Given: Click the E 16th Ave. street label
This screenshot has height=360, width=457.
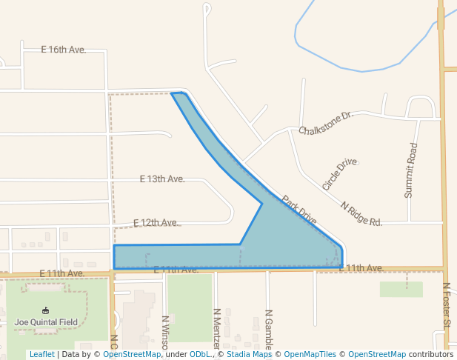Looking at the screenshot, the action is (x=64, y=50).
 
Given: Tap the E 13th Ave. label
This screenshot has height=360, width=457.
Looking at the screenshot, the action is (x=162, y=179).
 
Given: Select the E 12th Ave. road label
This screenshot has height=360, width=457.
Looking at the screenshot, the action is (x=156, y=223).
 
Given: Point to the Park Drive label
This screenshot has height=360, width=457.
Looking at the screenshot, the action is (x=299, y=210).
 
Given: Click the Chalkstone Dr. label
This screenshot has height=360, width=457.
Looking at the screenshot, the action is (x=327, y=124).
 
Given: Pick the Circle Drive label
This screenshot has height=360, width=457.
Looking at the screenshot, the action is (x=339, y=173).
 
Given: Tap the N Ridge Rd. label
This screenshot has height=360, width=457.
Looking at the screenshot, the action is (x=361, y=213).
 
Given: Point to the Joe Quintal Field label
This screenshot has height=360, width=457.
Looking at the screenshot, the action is (x=45, y=322).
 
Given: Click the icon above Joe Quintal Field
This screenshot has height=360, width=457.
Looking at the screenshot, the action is (x=45, y=310).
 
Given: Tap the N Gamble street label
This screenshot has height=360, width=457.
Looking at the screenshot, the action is (x=269, y=329).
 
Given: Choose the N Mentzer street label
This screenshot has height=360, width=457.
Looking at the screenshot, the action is (x=217, y=329).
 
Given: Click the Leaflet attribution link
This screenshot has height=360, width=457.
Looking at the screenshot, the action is (x=41, y=354).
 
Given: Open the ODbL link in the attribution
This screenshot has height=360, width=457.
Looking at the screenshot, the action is (x=200, y=354).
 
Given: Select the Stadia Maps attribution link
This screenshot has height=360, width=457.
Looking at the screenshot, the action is (x=250, y=354).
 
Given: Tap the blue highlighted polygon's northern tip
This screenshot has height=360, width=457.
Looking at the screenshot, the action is (x=179, y=94).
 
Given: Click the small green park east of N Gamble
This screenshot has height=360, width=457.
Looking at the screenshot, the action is (x=401, y=289).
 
